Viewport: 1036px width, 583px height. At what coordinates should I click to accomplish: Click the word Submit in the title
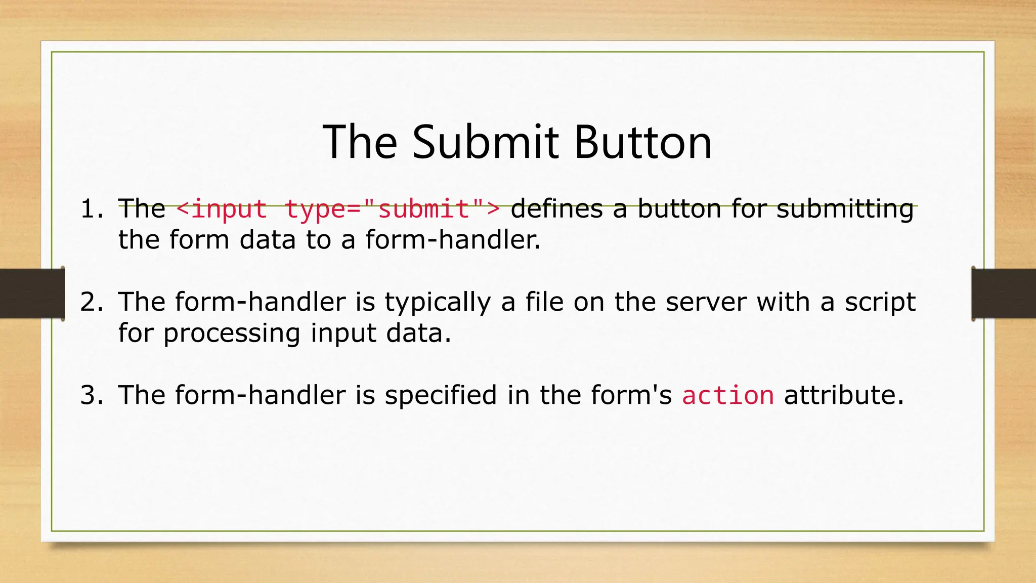(486, 143)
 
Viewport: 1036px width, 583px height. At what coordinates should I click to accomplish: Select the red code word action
(727, 395)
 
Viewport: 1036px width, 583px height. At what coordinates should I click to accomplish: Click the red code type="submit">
(393, 209)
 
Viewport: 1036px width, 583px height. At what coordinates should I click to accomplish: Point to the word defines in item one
(556, 209)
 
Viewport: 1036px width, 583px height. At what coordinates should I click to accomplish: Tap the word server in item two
(706, 302)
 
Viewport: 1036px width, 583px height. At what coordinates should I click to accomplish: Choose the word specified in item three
(441, 395)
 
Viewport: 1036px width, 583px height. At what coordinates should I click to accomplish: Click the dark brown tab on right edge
(1004, 294)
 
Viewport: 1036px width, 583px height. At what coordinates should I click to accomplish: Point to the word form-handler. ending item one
(453, 240)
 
